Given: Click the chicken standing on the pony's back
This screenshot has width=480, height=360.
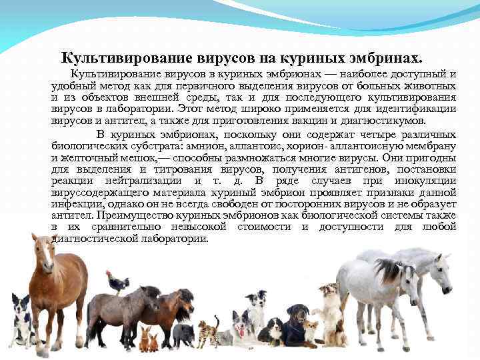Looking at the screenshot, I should point(117,283).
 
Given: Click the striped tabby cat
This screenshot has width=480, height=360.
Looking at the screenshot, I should point(207,330).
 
